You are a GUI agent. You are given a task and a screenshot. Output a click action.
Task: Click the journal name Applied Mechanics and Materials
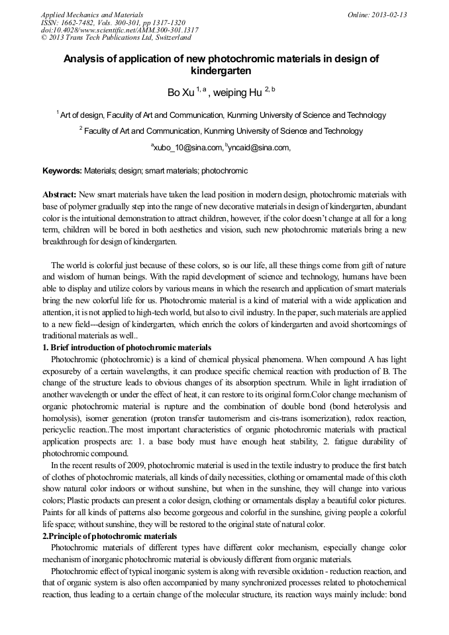click(x=92, y=15)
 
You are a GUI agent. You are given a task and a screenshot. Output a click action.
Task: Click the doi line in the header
click(x=119, y=30)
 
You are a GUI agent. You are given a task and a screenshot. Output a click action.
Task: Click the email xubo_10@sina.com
click(x=187, y=148)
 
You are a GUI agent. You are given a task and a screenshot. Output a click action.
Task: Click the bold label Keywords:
click(x=62, y=171)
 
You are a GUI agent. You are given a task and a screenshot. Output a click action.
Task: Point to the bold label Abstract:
click(x=59, y=195)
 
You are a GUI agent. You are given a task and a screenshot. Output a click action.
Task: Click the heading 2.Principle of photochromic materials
click(x=110, y=536)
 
